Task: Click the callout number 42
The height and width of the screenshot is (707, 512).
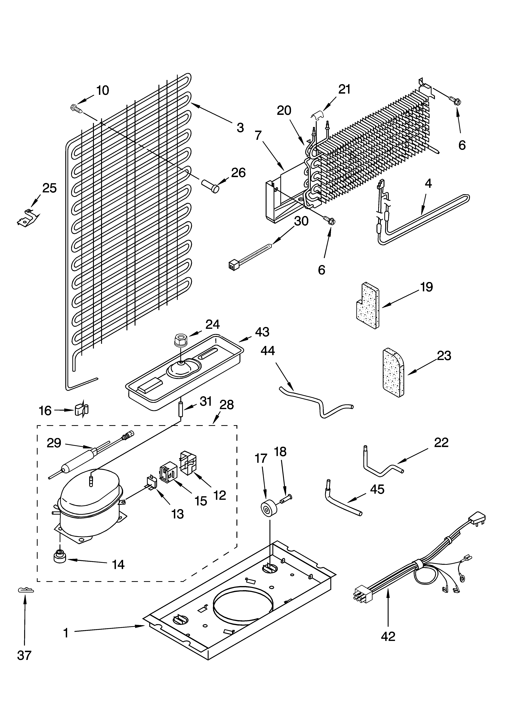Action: [x=388, y=636]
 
